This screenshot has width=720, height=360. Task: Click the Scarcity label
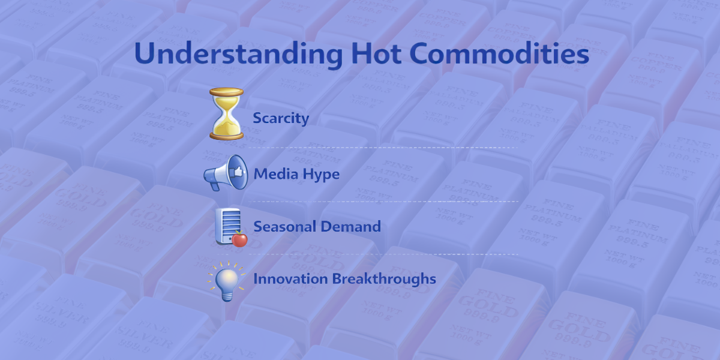(280, 118)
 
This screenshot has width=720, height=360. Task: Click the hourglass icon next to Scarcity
(226, 113)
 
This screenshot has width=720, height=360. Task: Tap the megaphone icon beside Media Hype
(226, 173)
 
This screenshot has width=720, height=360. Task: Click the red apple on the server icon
(240, 239)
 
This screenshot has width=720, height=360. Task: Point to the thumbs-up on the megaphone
(235, 170)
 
